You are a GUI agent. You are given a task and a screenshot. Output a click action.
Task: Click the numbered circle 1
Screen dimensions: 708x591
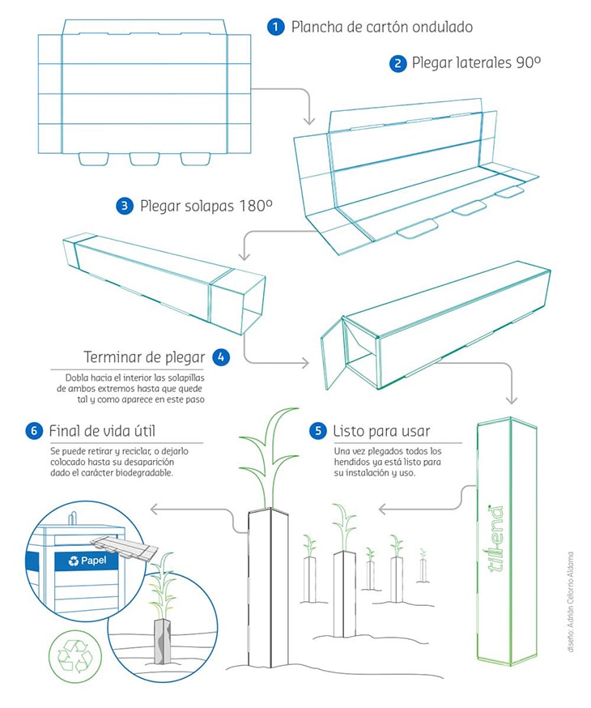(276, 27)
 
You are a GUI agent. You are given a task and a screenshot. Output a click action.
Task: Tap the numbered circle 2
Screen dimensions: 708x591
(398, 63)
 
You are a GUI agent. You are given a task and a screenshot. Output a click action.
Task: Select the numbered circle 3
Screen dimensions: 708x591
(125, 206)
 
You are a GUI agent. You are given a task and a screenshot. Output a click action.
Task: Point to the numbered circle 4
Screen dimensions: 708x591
(220, 357)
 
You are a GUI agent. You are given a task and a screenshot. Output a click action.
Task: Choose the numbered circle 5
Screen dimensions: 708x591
(318, 430)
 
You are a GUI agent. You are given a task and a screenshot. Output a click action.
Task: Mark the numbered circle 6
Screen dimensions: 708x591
(33, 430)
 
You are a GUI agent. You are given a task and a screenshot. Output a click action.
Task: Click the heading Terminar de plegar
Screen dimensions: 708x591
(144, 357)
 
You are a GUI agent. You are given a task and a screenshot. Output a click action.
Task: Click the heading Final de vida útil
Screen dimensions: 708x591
(100, 430)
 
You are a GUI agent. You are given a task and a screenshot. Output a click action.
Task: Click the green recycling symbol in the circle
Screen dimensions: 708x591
(74, 656)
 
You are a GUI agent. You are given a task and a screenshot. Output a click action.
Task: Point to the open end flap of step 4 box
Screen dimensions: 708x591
(333, 352)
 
